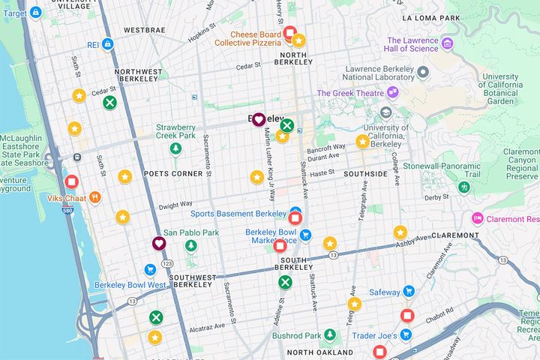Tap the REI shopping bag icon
click(x=107, y=45)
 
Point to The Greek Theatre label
click(x=349, y=93)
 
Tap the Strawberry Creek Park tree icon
click(x=175, y=148)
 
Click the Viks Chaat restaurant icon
click(x=94, y=197)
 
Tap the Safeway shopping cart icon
click(x=408, y=291)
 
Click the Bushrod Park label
click(x=313, y=335)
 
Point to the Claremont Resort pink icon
click(x=477, y=218)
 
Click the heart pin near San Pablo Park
click(x=159, y=244)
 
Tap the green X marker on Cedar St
click(x=109, y=103)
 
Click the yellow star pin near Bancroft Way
click(x=362, y=141)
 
